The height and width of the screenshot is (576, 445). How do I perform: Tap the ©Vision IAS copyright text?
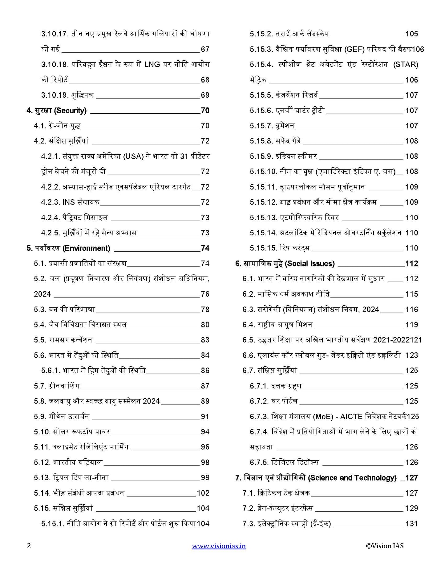(385, 546)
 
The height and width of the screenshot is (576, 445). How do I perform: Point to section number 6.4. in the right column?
(249, 325)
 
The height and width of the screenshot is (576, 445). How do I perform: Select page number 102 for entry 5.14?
(203, 493)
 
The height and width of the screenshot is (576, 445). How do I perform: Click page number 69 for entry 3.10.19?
(205, 95)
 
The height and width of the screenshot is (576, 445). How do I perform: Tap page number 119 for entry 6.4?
(411, 325)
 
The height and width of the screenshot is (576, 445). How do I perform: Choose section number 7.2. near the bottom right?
(249, 508)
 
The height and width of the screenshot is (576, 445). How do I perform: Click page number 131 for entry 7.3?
(411, 524)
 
